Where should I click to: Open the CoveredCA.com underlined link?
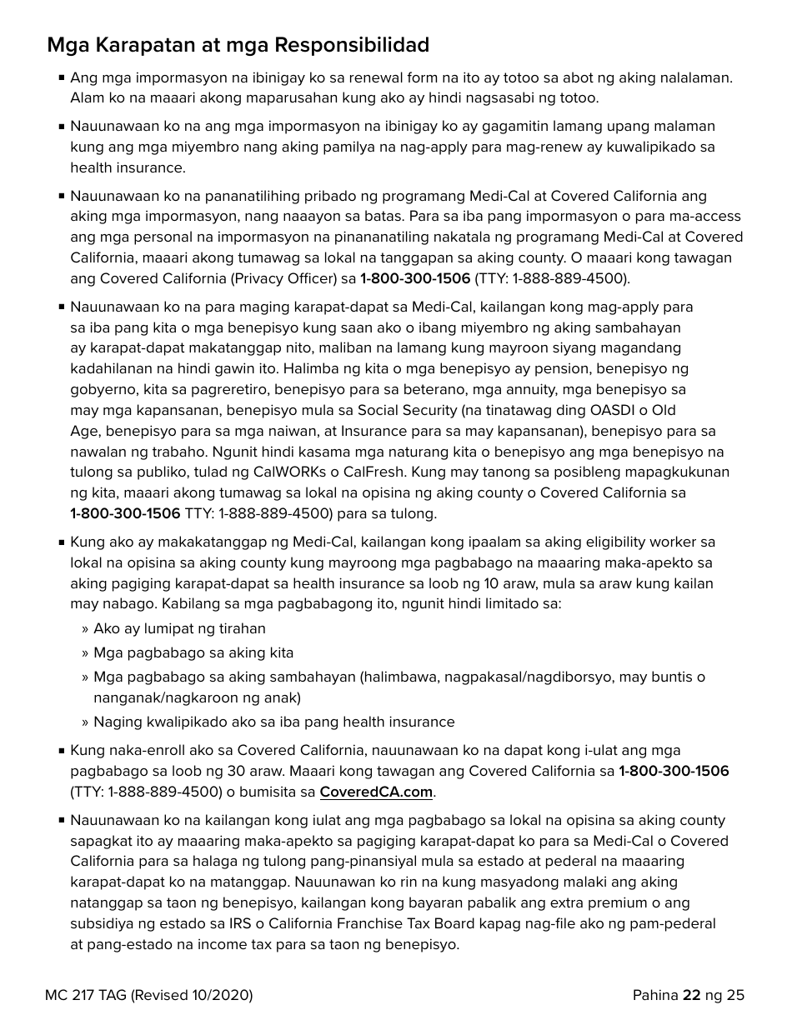coord(376,792)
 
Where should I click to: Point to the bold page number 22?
coord(691,995)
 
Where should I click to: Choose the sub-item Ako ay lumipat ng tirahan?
coord(179,628)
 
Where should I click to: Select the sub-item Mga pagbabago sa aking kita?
coord(193,652)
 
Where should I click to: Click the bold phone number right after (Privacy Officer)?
coord(415,278)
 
